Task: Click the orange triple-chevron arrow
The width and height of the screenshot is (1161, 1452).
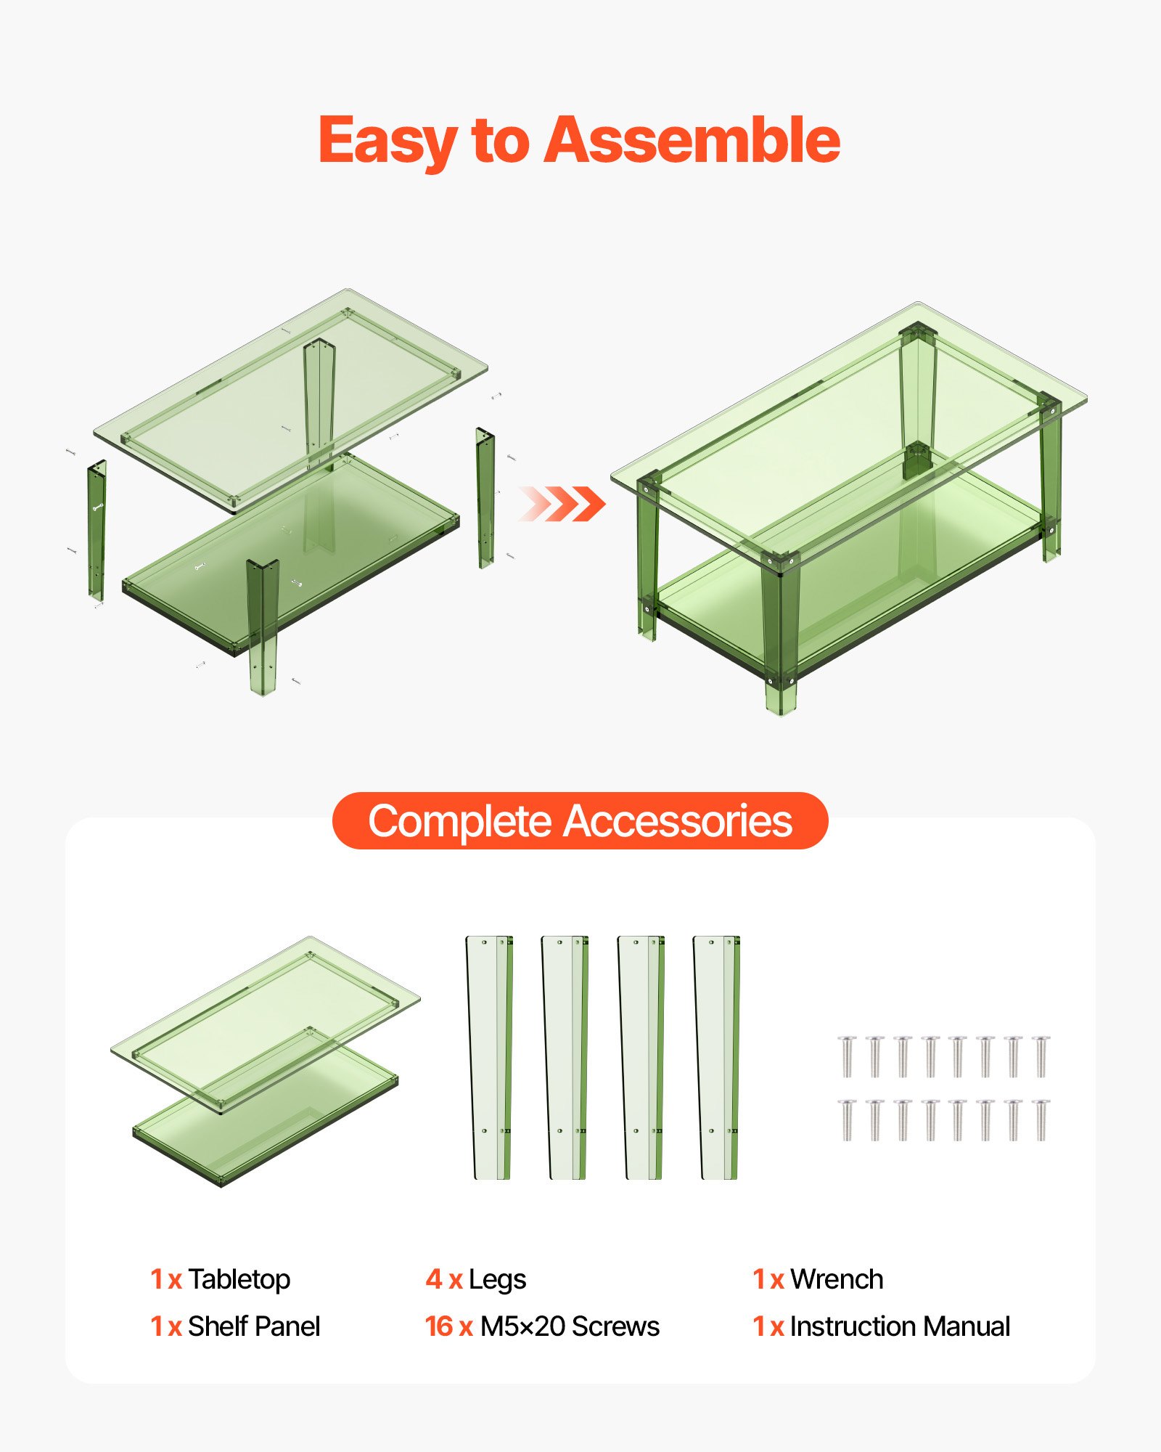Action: (x=562, y=504)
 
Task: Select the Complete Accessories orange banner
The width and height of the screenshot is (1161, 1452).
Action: (x=580, y=821)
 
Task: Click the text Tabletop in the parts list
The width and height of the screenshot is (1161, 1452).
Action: (x=239, y=1279)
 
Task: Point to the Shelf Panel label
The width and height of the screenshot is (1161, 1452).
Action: (x=253, y=1326)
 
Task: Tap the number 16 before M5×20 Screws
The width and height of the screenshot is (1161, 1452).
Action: (x=439, y=1326)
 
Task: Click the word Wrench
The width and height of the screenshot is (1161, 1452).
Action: (x=837, y=1279)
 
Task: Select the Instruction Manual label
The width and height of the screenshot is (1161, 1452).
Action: (x=900, y=1326)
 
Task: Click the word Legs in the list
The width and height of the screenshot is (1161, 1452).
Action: (x=497, y=1279)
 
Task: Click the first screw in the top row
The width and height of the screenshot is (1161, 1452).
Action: (x=847, y=1056)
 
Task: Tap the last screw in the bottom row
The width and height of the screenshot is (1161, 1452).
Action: (x=1041, y=1120)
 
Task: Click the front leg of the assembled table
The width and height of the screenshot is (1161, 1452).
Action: (x=780, y=632)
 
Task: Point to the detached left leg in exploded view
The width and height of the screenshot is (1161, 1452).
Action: (x=97, y=530)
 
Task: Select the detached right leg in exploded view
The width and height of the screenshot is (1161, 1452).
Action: (x=485, y=497)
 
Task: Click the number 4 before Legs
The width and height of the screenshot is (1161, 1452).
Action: (x=433, y=1279)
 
